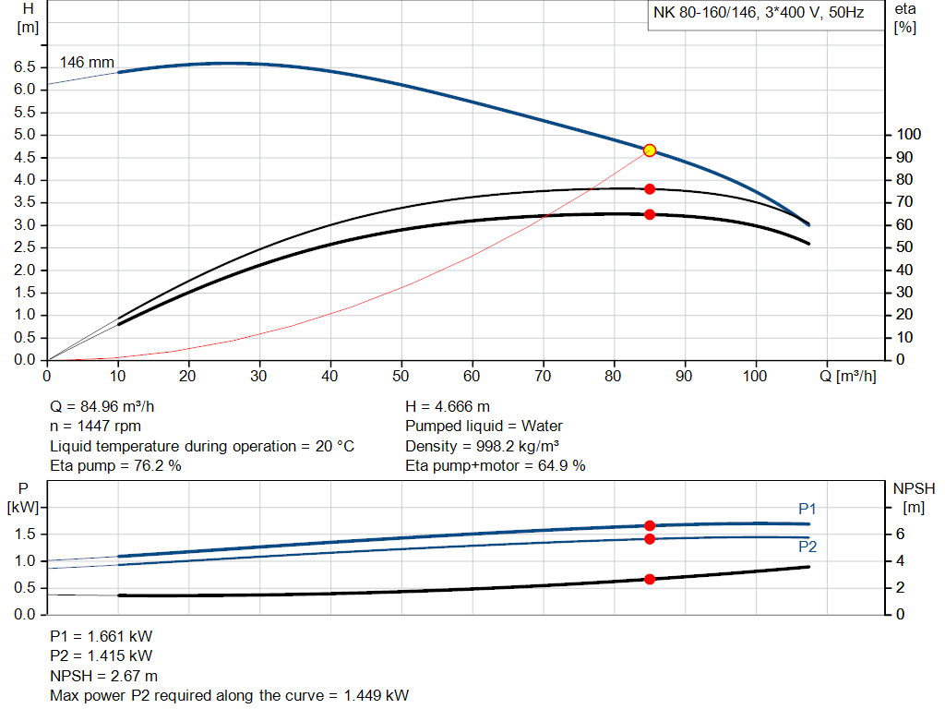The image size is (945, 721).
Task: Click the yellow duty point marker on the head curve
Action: click(649, 150)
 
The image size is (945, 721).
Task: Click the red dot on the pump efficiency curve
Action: click(650, 189)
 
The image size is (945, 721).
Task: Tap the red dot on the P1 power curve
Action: click(650, 525)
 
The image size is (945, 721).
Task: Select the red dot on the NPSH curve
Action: click(650, 579)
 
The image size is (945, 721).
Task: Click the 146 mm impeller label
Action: click(87, 63)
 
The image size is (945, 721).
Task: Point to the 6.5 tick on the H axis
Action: click(25, 67)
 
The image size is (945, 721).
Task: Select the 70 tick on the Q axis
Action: click(544, 377)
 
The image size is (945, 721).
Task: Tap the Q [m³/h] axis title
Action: click(846, 377)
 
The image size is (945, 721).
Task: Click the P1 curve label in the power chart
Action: click(807, 509)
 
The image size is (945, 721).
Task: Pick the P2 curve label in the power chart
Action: click(807, 547)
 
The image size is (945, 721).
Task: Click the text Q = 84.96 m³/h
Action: click(109, 406)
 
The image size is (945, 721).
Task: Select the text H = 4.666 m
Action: click(448, 406)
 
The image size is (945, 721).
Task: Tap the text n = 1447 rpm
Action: click(97, 427)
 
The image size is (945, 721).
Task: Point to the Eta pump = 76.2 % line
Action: click(115, 466)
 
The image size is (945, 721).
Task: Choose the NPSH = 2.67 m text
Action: click(103, 676)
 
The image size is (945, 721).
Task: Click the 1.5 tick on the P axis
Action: click(25, 535)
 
